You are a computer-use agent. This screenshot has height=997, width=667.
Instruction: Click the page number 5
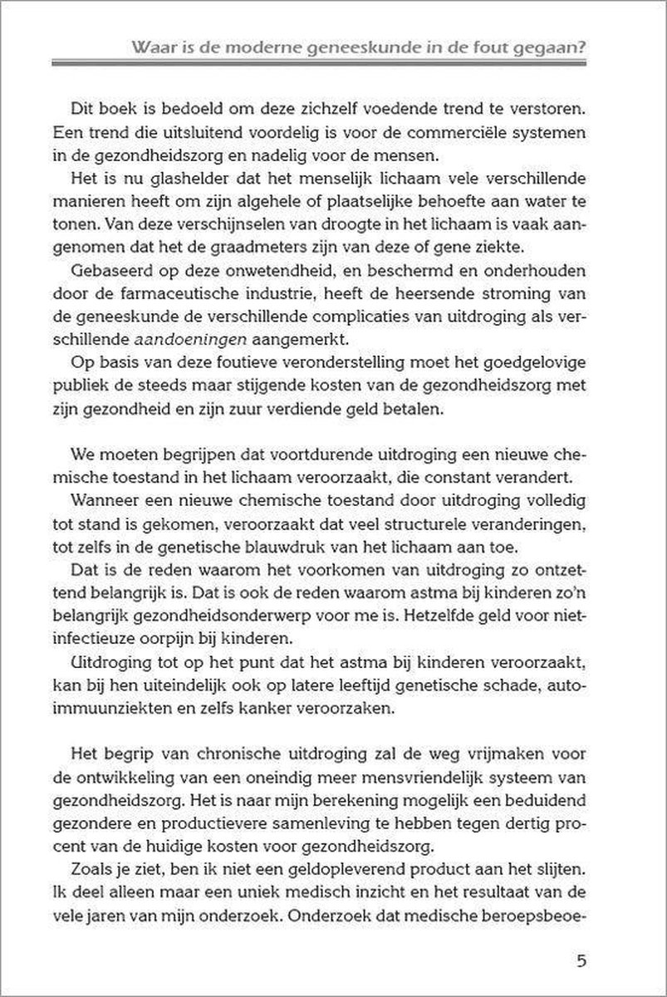click(x=581, y=962)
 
